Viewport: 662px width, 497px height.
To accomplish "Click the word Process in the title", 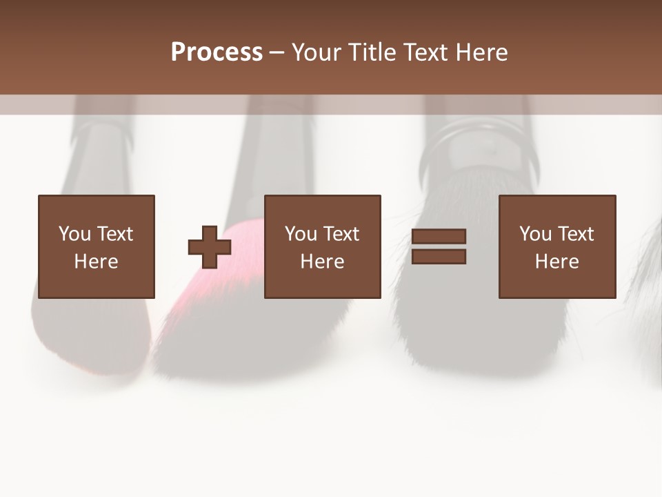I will click(x=217, y=52).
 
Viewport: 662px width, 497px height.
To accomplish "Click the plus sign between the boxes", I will click(x=210, y=246).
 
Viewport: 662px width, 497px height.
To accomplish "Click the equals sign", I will click(x=439, y=246).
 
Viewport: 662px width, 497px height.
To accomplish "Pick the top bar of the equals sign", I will click(x=439, y=237).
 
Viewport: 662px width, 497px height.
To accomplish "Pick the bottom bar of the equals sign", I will click(x=439, y=256).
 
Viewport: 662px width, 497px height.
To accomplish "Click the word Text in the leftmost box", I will click(x=114, y=234).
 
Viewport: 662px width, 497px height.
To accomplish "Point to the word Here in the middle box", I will click(x=323, y=262).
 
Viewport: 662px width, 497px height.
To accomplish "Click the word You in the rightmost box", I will click(x=535, y=234).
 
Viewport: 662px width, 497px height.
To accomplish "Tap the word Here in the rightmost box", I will click(x=557, y=262).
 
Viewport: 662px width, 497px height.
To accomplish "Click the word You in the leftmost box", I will click(x=74, y=234).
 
